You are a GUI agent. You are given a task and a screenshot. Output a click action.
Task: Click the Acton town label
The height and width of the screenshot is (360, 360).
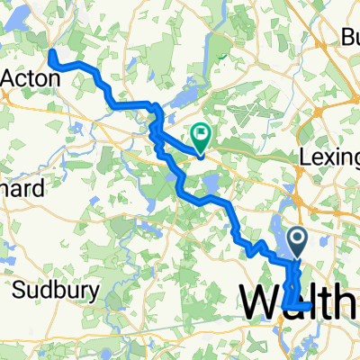coord(31,78)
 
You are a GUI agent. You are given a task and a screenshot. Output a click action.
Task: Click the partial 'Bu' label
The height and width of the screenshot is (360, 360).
coord(348,38)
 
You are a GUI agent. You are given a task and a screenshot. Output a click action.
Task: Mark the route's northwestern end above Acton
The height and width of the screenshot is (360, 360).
coord(51,55)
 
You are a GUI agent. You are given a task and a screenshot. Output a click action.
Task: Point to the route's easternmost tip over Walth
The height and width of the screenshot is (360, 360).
coord(311,306)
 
